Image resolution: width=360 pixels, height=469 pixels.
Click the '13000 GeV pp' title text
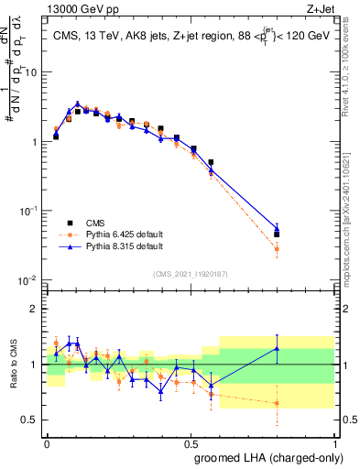[x=80, y=8]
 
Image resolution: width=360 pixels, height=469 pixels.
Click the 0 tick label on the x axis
[x=47, y=442]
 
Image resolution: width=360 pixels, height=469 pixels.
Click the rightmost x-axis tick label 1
[x=334, y=442]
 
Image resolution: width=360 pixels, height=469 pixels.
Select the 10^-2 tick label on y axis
[x=29, y=279]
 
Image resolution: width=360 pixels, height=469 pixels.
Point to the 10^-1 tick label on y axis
[x=29, y=211]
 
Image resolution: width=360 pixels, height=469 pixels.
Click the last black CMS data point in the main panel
[x=277, y=234]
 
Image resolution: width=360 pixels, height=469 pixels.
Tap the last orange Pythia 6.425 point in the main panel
[x=277, y=248]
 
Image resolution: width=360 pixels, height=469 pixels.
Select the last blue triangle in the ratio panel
[x=277, y=348]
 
